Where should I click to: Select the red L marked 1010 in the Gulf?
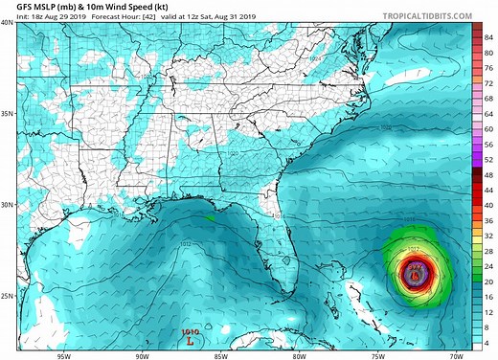(x=191, y=338)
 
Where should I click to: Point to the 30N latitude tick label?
(x=8, y=204)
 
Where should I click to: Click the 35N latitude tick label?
(x=8, y=113)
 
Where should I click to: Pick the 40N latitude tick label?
(x=8, y=22)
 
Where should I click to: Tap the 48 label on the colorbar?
(x=488, y=176)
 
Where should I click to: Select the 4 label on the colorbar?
(x=488, y=342)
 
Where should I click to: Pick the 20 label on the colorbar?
(x=488, y=281)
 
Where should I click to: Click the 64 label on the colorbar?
(x=488, y=114)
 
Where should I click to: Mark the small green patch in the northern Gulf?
(x=210, y=217)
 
